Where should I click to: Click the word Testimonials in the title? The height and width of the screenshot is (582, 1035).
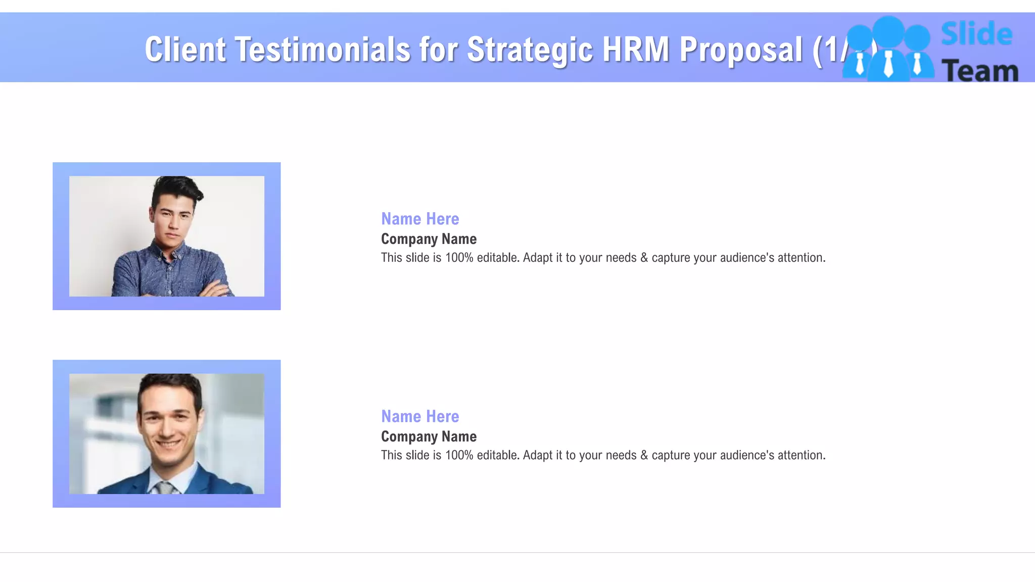tap(322, 50)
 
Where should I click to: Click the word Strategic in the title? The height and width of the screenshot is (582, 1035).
tap(530, 50)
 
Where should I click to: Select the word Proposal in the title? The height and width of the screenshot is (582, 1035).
tap(741, 50)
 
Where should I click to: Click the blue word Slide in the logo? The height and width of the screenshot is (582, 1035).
tap(976, 34)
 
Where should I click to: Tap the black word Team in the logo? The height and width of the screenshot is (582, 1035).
tap(979, 71)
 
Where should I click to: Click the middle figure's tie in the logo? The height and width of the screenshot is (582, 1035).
tap(888, 65)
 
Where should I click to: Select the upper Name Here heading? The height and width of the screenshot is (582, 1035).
tap(420, 219)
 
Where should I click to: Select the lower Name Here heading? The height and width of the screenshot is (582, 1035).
tap(420, 416)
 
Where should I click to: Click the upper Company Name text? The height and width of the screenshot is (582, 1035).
tap(429, 239)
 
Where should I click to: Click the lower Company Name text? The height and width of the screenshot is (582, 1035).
tap(429, 437)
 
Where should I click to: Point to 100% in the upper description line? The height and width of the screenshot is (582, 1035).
tap(459, 258)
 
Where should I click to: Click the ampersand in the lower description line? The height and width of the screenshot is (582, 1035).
tap(644, 455)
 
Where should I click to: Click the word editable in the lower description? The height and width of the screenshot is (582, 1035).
tap(497, 455)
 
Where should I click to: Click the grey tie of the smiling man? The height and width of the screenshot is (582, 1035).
tap(164, 488)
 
